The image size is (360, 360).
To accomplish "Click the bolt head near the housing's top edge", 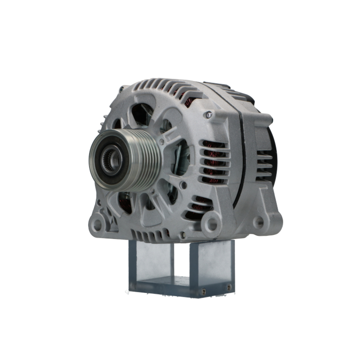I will pyautogui.click(x=208, y=115).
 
